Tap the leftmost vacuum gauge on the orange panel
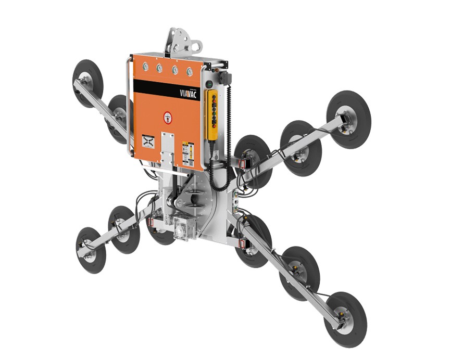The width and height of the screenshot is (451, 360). pos(146,67)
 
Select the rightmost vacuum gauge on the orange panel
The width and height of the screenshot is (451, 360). pos(190,71)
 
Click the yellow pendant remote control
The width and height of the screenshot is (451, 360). pos(212,114)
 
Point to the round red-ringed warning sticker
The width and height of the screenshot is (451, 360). pos(168,117)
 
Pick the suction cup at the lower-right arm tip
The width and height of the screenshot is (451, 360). pos(345,312)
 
